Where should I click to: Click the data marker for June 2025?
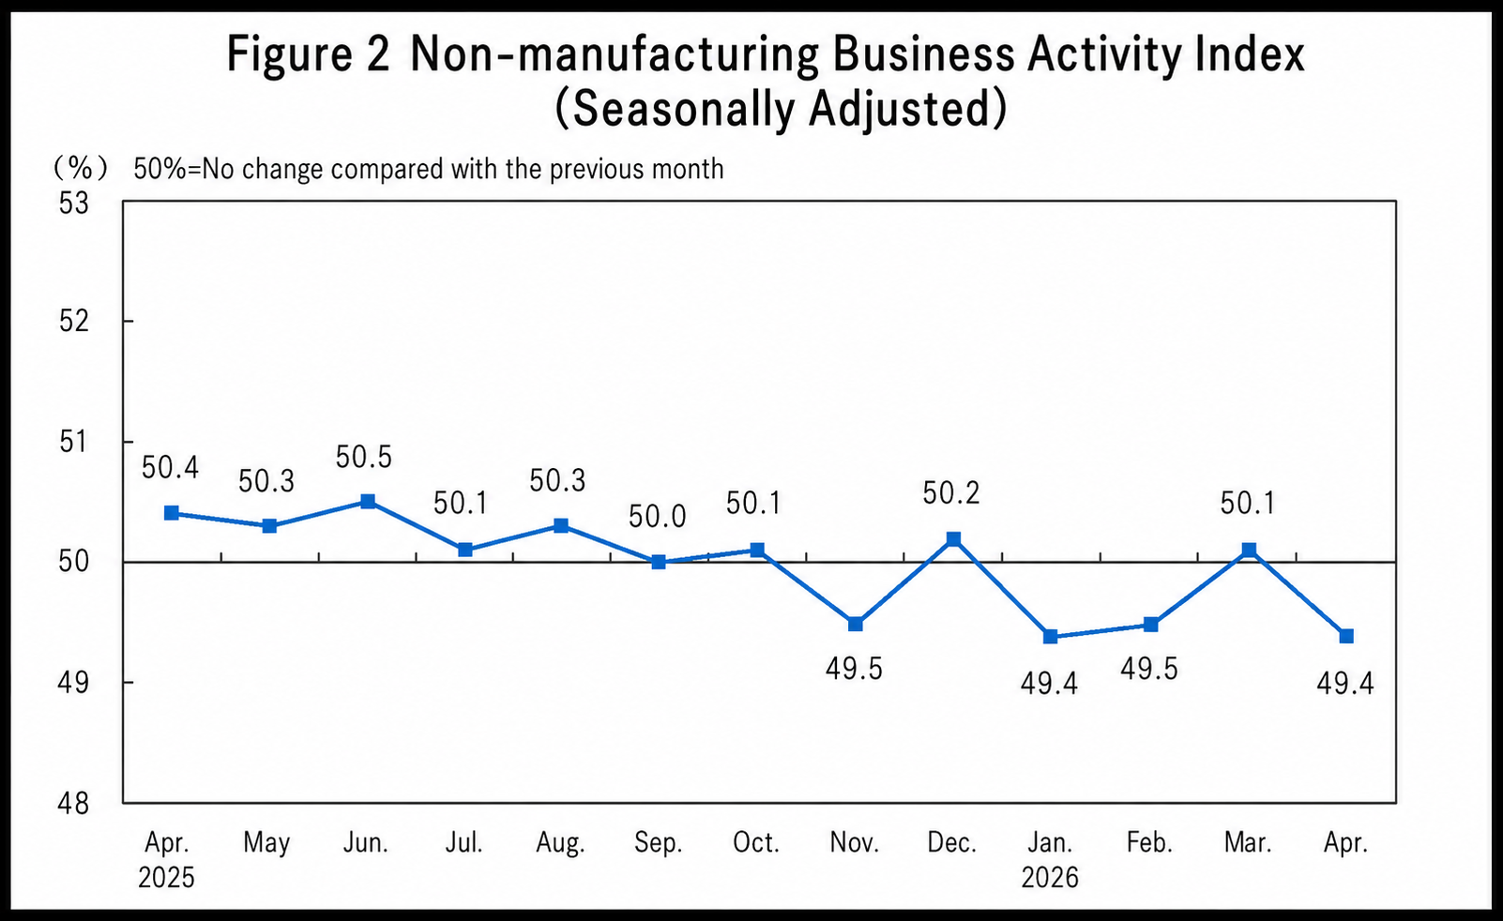coord(368,502)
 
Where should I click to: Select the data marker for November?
coord(855,624)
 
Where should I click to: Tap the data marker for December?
coord(953,538)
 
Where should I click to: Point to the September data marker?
coord(659,562)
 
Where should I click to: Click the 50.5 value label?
coord(364,458)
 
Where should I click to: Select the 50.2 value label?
coord(951,493)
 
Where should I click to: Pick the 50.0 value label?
coord(658,516)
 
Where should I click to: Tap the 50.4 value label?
coord(171,467)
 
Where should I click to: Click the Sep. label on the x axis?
coord(659,843)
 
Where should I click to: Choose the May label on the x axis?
coord(266,843)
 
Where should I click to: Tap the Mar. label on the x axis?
coord(1248,843)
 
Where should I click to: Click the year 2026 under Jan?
coord(1050,878)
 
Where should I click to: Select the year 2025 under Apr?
coord(166,878)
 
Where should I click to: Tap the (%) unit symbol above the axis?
coord(81,169)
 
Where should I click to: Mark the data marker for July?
coord(465,550)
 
